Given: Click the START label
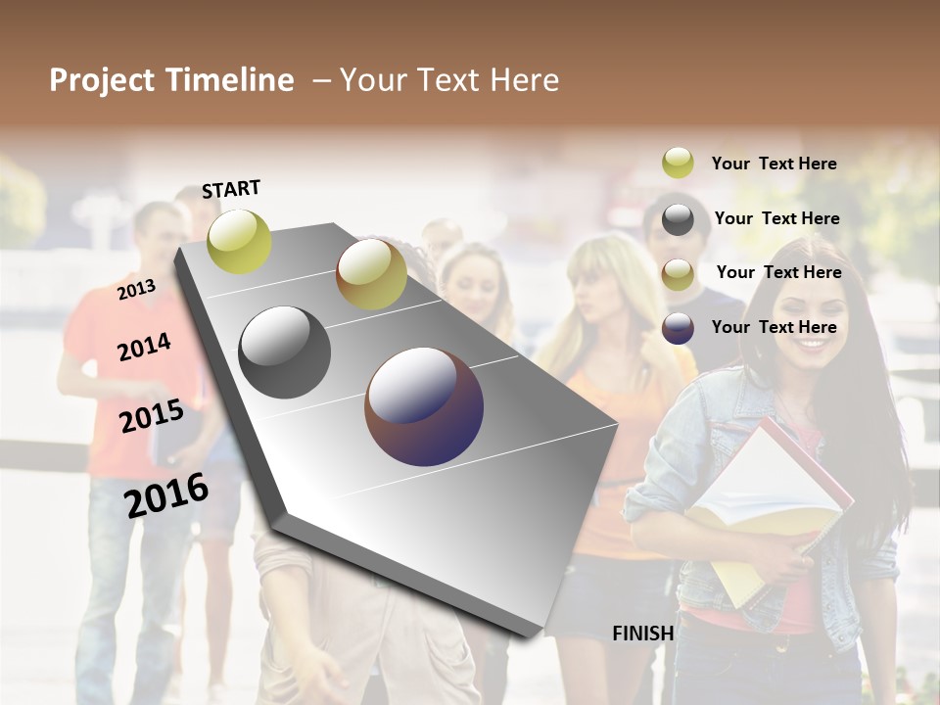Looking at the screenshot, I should (x=231, y=189).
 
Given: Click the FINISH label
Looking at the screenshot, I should (x=642, y=634).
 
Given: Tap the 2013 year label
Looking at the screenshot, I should (x=136, y=290).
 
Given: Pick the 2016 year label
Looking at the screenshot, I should (x=166, y=495).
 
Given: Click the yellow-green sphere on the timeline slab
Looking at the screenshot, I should (x=239, y=241).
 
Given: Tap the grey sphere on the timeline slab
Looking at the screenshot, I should (x=285, y=352).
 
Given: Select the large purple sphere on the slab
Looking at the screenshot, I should (x=424, y=406).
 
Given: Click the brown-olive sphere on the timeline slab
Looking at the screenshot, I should (x=371, y=274).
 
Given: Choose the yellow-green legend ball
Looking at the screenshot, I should (x=678, y=163).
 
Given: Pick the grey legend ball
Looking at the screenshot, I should (x=678, y=219).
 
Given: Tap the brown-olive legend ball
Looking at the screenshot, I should (x=678, y=274).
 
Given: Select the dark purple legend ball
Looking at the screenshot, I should (x=678, y=328).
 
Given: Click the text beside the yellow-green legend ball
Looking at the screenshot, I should (x=774, y=164).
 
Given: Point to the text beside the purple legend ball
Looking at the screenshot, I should (x=774, y=327).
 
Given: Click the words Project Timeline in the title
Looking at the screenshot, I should (x=171, y=80).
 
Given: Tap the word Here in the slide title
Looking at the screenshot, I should (x=524, y=80).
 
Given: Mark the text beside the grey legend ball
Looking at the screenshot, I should (x=776, y=218).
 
